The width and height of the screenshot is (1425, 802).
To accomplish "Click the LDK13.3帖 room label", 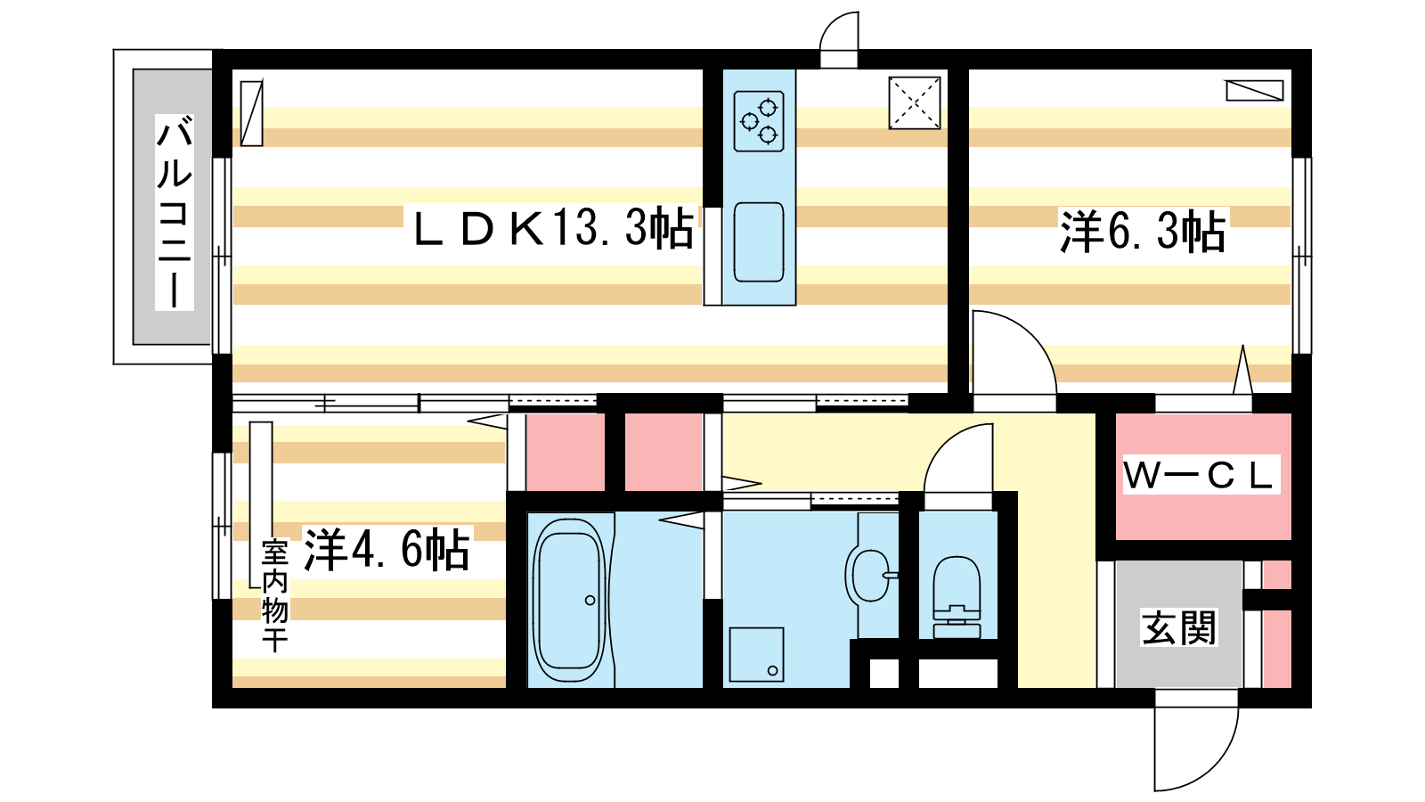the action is [553, 228].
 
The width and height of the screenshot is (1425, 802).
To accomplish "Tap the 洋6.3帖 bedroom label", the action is [1143, 232].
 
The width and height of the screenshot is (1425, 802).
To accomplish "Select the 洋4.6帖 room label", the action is [387, 549].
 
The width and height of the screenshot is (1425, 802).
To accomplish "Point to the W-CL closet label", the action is [1199, 475].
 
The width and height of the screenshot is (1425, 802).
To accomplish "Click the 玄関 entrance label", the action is [1179, 627].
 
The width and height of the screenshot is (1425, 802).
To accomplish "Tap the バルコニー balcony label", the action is [175, 213].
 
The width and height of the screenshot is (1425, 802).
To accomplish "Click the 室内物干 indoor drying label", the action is [275, 595].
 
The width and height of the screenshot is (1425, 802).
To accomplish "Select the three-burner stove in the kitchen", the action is [758, 121].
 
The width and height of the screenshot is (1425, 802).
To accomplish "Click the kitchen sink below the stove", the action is [758, 241].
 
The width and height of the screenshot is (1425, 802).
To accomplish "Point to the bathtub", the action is [569, 601].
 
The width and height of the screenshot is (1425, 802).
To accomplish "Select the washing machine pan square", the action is [756, 654].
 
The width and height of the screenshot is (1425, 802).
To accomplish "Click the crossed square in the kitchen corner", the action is [914, 103].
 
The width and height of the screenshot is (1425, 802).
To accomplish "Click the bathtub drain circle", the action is [590, 601].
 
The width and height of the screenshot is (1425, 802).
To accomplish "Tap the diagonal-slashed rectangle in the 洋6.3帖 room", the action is [1255, 90].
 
